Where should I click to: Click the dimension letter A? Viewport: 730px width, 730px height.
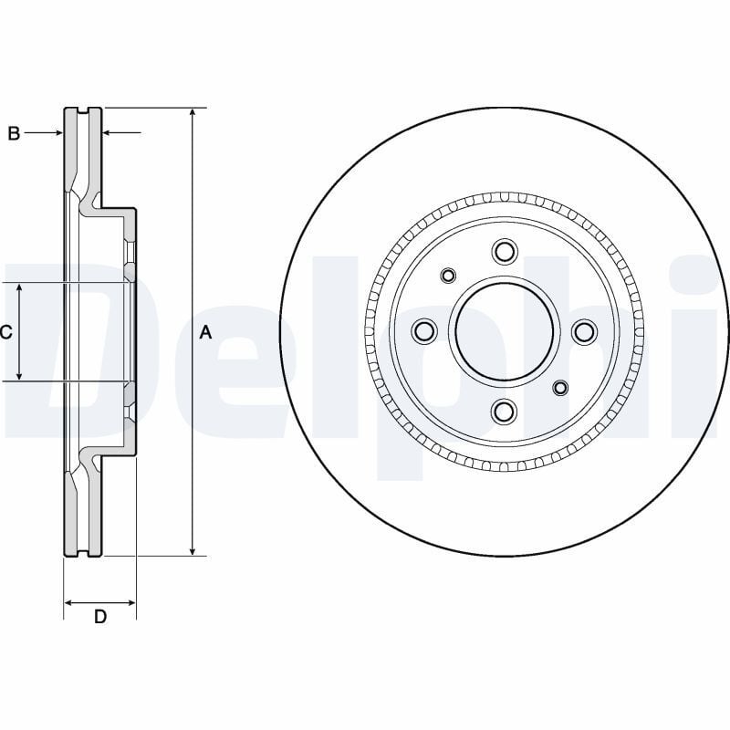click(205, 332)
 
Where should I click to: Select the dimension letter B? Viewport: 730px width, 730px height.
click(14, 133)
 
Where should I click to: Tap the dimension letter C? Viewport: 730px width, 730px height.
click(5, 332)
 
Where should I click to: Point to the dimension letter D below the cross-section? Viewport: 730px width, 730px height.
click(100, 617)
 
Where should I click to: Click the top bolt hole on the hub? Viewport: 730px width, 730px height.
click(504, 252)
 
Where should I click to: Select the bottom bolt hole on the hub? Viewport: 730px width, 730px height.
click(504, 412)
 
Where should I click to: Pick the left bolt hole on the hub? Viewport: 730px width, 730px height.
click(424, 332)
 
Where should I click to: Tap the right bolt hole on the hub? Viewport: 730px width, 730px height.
click(584, 332)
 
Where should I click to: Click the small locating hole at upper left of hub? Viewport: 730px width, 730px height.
click(448, 276)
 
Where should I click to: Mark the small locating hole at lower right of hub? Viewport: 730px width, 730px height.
click(560, 389)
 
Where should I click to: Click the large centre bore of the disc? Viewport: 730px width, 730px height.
click(504, 332)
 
